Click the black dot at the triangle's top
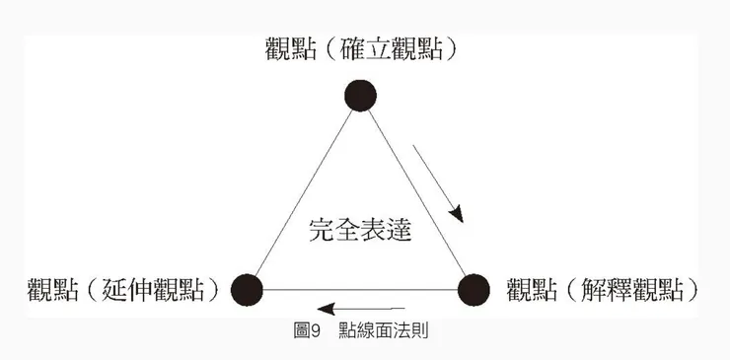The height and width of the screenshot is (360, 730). click(361, 95)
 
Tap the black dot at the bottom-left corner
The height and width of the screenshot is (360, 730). click(247, 289)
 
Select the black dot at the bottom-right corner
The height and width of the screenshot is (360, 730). click(474, 289)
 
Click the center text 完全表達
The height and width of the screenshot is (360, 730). click(359, 231)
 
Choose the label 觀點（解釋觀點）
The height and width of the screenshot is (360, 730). click(604, 289)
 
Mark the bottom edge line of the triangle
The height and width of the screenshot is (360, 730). click(360, 290)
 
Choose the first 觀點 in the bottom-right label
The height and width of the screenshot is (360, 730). click(530, 289)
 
